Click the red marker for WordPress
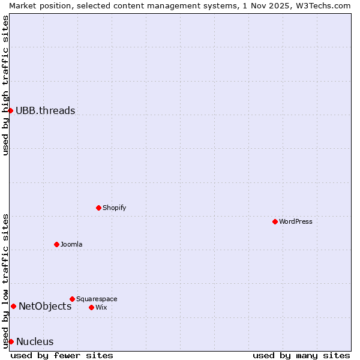pos(275,221)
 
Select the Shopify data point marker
pos(98,208)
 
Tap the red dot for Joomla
pos(56,244)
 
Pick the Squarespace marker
pos(72,299)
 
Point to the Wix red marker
pos(91,307)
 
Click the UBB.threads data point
pos(10,110)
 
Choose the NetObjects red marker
pos(13,306)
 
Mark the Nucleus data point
pos(11,341)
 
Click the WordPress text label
pos(296,221)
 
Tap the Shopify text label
pos(114,208)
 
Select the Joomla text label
pos(71,244)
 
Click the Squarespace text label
pos(97,299)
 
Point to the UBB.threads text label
pos(46,110)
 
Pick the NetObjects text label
pos(45,306)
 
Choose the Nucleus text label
pos(35,341)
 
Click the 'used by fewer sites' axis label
pos(62,355)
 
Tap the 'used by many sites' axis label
pos(301,355)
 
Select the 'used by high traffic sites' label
pos(5,85)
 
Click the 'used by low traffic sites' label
pos(5,281)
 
